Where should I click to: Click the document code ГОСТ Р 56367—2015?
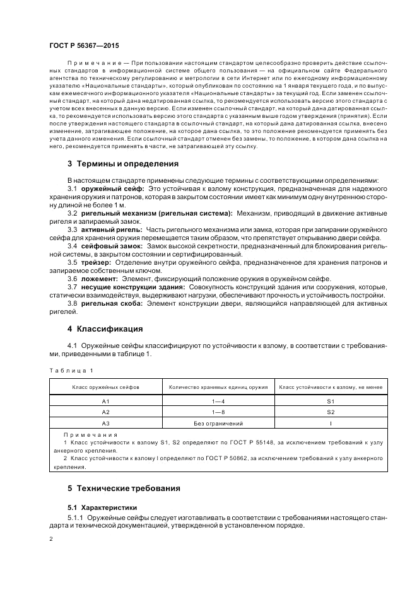(83, 46)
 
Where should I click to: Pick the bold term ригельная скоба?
(112, 304)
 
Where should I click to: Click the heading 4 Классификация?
(105, 329)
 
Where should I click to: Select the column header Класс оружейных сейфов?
(106, 386)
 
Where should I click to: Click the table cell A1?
(106, 401)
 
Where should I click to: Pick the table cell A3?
(106, 424)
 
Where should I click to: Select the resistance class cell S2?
(331, 412)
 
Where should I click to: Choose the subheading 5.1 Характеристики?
(102, 507)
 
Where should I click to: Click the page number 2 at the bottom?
(51, 539)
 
